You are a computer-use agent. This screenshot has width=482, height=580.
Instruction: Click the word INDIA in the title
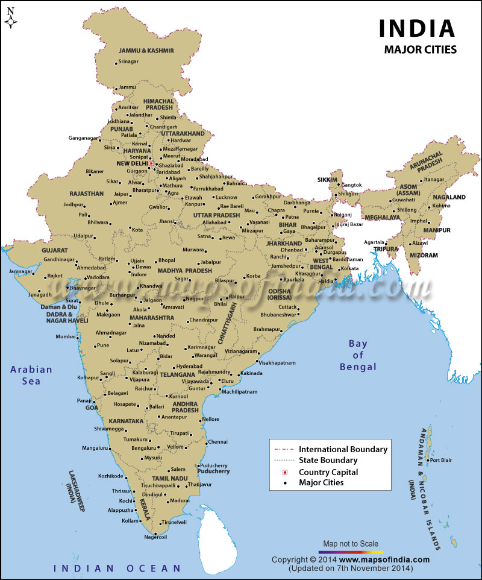[x=416, y=28]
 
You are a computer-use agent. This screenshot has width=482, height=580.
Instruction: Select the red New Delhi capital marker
[x=152, y=163]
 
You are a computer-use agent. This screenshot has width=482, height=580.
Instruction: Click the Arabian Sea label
[x=30, y=375]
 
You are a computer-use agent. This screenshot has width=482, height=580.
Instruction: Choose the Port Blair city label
[x=439, y=461]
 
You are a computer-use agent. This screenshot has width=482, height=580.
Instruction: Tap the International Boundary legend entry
[x=343, y=449]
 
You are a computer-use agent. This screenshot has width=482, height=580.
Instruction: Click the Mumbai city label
[x=66, y=336]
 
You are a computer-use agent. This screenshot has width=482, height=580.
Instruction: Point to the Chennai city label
[x=218, y=442]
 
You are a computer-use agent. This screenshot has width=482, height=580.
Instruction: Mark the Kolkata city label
[x=349, y=268]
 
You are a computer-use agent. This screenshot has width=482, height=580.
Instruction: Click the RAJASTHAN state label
[x=86, y=194]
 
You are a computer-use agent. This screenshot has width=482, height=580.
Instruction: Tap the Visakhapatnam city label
[x=277, y=363]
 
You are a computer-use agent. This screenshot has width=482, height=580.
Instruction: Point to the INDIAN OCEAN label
[x=117, y=568]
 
